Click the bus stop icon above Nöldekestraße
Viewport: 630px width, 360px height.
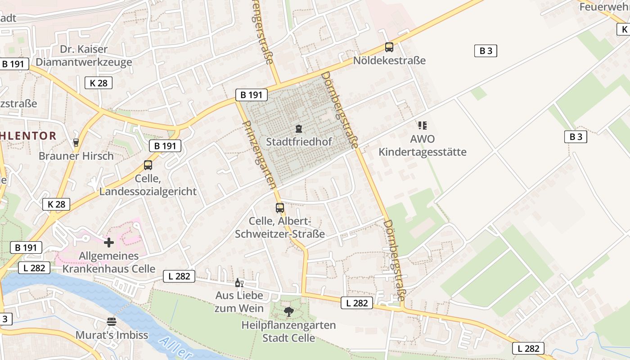389,47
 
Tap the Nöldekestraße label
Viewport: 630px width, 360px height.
389,60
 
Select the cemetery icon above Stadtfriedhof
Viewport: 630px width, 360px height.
298,129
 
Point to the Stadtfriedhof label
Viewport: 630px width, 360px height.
299,142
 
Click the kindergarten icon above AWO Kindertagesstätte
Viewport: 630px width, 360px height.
422,125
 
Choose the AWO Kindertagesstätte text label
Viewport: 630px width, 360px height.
422,145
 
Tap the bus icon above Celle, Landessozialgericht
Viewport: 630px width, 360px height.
148,165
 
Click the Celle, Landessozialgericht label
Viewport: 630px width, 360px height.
148,185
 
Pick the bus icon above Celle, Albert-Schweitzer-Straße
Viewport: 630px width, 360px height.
280,207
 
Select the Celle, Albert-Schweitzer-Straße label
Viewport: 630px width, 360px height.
280,228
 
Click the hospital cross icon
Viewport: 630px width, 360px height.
109,243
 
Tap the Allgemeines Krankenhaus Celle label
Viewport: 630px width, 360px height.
109,263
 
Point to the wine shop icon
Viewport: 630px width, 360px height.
239,283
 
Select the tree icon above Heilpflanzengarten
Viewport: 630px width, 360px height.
288,311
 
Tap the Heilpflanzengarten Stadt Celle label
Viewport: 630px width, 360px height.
288,331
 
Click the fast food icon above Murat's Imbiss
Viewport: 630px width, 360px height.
112,321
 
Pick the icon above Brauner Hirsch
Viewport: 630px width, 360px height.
76,143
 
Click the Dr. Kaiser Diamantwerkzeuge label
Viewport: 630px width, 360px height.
84,55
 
